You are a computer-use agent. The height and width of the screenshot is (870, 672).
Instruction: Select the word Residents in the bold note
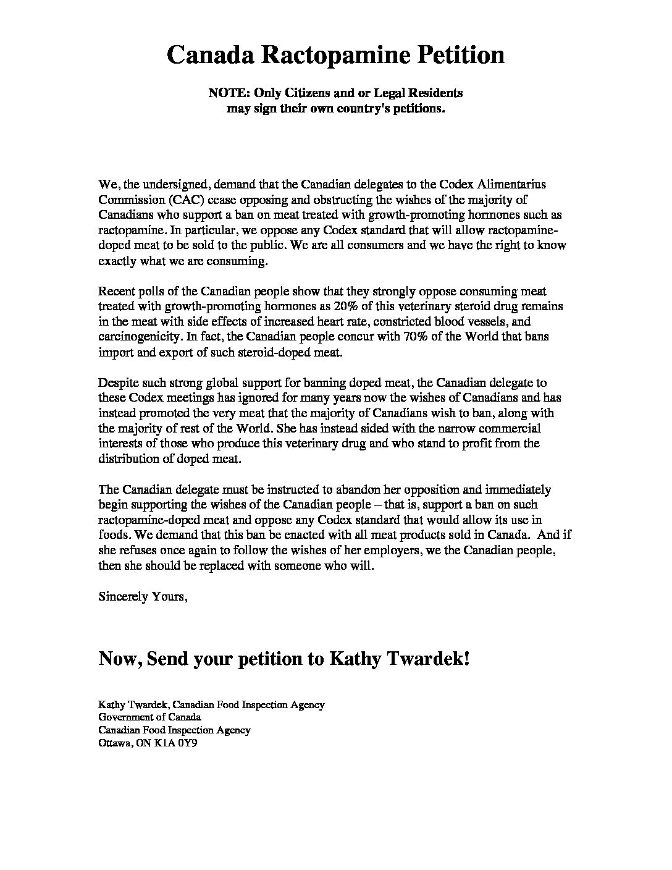click(x=435, y=93)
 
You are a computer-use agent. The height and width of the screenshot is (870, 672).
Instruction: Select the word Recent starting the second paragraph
click(x=115, y=291)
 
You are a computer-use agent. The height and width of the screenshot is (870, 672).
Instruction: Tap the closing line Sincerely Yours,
click(x=143, y=596)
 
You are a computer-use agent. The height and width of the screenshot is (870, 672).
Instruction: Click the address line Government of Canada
click(x=150, y=717)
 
